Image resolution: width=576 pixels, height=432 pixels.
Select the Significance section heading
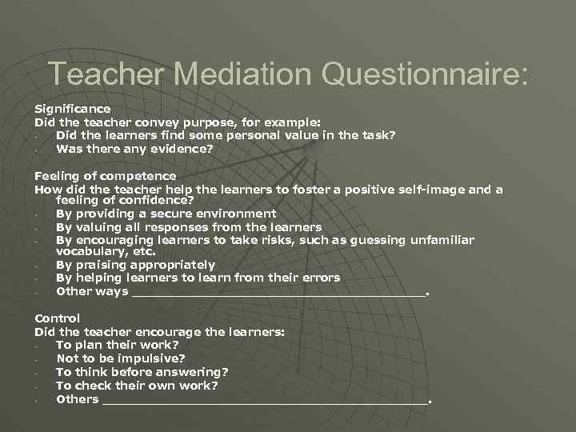tap(72, 108)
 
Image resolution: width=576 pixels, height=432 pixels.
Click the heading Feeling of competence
tap(105, 176)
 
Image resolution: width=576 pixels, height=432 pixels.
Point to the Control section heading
tap(57, 318)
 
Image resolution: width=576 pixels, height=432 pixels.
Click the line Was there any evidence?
tap(134, 148)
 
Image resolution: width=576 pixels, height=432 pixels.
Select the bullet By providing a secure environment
tap(166, 214)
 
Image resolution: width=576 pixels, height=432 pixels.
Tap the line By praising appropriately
tap(135, 265)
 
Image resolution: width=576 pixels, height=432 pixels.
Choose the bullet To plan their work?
tap(117, 346)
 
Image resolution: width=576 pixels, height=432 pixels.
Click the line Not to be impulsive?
tap(120, 358)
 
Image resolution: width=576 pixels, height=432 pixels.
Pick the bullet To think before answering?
tap(142, 372)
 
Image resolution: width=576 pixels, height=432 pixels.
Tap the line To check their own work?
tap(137, 386)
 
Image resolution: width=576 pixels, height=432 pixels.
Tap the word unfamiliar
tap(442, 240)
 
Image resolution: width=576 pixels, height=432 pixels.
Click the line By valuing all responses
tap(188, 227)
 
